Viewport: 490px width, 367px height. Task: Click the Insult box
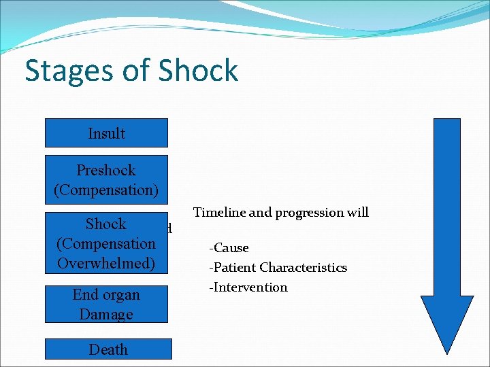(x=106, y=133)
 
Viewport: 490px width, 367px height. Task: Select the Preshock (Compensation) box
(x=106, y=179)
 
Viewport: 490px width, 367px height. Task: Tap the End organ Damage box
(x=106, y=304)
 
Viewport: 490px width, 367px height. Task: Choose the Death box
(x=108, y=349)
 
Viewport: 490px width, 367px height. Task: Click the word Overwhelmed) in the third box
(x=106, y=263)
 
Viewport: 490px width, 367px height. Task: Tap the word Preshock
(x=106, y=170)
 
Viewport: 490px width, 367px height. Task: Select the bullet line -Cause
(x=229, y=248)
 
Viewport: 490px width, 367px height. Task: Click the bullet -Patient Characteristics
(x=278, y=268)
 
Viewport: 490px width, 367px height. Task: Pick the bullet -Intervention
(x=248, y=287)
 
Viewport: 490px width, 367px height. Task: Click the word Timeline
(x=219, y=213)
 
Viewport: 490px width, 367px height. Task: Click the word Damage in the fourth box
(x=106, y=314)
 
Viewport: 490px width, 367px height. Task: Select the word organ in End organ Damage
(x=122, y=295)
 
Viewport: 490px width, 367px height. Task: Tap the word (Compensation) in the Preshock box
(x=106, y=190)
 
